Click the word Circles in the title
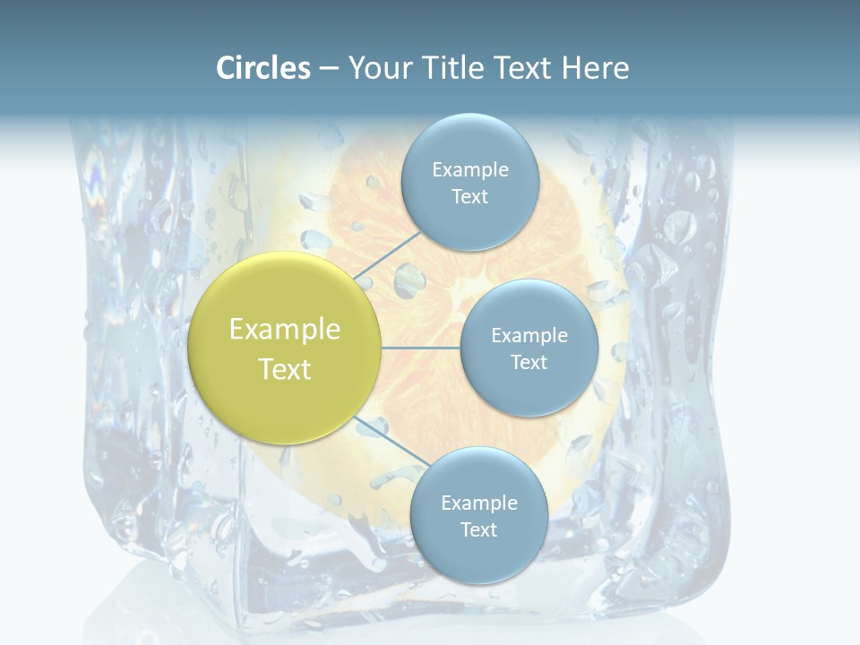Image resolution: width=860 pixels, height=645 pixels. coord(263,68)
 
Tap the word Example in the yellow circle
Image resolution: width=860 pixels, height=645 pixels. coord(285,330)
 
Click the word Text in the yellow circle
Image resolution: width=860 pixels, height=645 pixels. coord(285,369)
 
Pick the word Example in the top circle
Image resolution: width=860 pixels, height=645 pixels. coord(469,169)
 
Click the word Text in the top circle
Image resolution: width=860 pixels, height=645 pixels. coord(469,196)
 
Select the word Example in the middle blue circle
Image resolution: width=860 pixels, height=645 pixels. coord(529,335)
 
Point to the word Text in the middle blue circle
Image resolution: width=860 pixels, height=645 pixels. coord(529,362)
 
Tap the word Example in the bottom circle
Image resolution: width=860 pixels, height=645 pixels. coord(478,503)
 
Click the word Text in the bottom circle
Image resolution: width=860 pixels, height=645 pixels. coord(478,529)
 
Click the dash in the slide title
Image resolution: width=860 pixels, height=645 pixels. coord(329,69)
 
